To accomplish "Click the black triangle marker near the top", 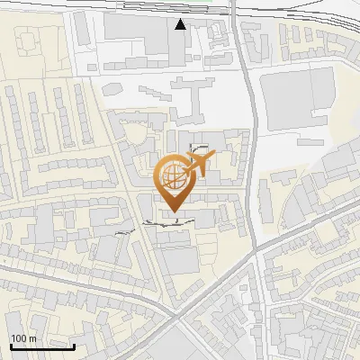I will point(181,24).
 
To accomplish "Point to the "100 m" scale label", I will point(24,338).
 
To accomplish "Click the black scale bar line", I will point(42,346).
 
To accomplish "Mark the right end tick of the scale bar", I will point(74,346).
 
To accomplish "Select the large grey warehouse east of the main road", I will point(296,94).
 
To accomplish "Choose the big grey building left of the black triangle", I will point(135,27).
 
